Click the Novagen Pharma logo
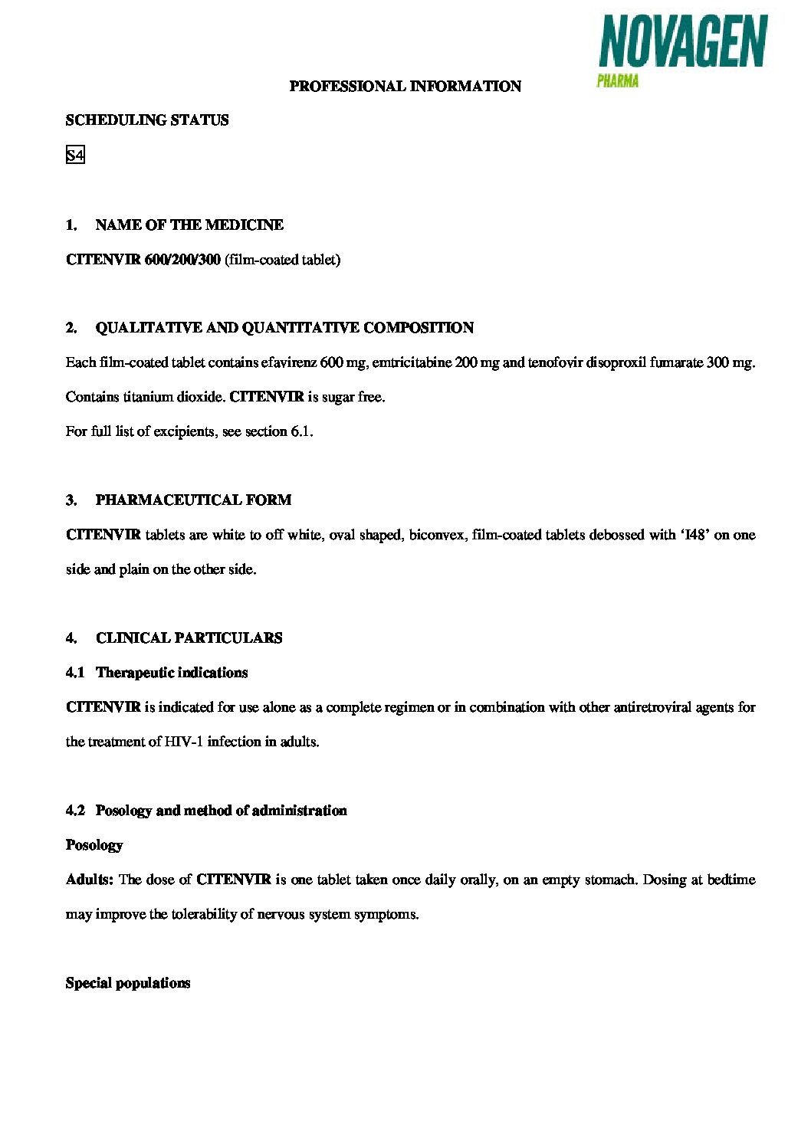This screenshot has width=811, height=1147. [681, 50]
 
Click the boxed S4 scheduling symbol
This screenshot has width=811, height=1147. [75, 156]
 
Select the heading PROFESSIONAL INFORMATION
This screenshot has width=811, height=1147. [405, 87]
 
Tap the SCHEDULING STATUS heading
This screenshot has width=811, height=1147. [147, 120]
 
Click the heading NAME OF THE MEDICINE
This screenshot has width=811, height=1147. [189, 225]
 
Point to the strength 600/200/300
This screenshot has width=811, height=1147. [182, 260]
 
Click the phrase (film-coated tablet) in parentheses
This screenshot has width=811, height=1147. [282, 260]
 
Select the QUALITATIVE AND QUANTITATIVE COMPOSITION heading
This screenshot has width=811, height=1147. [284, 328]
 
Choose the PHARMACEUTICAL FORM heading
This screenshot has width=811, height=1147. [193, 500]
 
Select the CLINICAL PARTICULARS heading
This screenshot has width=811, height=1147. [189, 638]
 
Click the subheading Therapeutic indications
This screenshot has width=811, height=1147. [172, 673]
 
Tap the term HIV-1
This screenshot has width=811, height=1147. [183, 742]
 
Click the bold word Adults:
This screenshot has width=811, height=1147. [90, 880]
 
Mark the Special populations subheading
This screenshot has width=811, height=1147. [128, 983]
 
